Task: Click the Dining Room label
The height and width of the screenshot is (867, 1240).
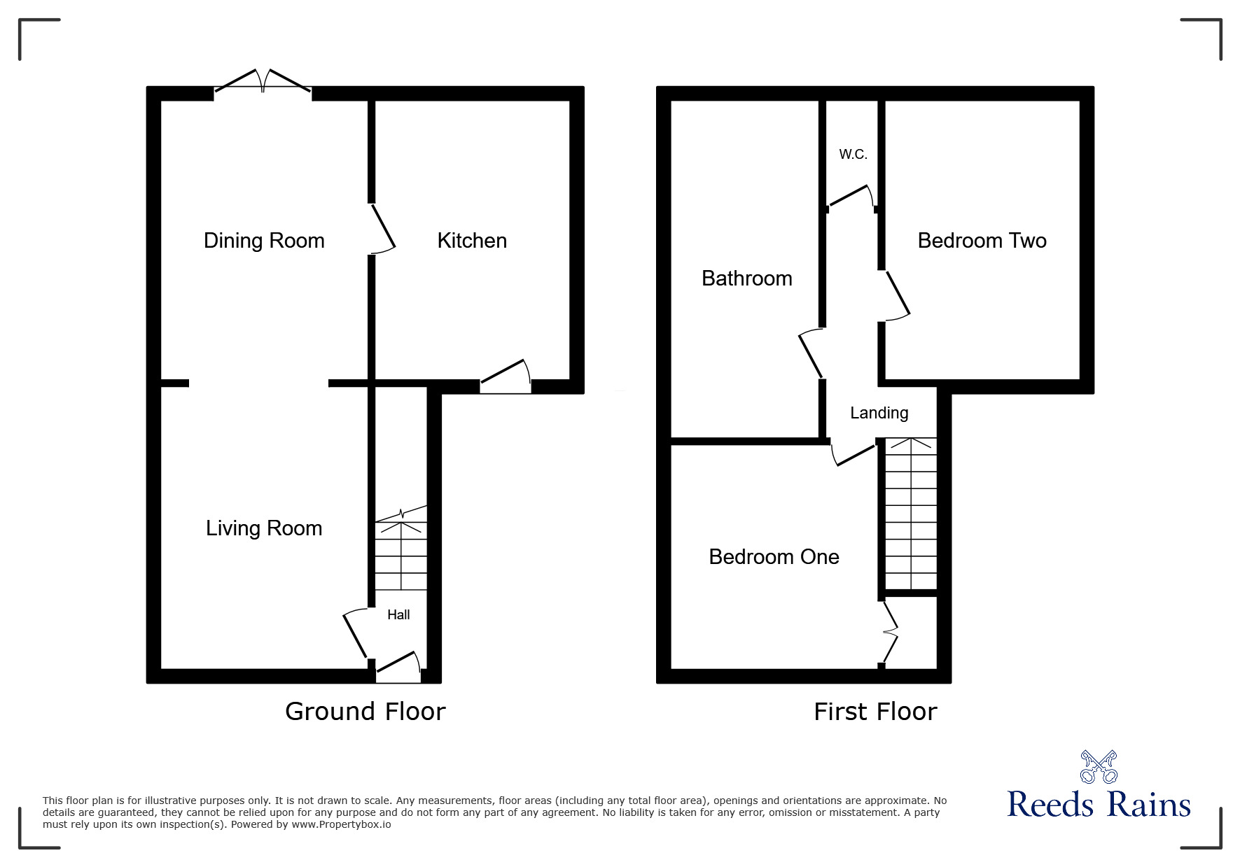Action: (x=264, y=241)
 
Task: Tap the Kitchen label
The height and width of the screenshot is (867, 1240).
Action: (x=472, y=241)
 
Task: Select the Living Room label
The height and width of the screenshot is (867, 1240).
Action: (x=264, y=528)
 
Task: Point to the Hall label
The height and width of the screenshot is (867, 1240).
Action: (x=398, y=615)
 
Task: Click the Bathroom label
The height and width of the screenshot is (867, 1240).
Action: (x=746, y=279)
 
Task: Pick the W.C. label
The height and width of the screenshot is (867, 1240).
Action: (x=853, y=155)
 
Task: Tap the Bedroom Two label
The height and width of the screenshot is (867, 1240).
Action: (x=982, y=241)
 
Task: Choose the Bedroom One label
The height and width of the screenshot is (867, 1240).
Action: (x=774, y=557)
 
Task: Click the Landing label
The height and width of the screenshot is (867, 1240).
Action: (x=879, y=413)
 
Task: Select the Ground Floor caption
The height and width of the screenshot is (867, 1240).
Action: (x=365, y=712)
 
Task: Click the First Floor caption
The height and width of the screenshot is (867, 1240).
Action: (x=875, y=712)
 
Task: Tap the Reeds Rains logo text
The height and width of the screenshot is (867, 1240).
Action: (x=1099, y=805)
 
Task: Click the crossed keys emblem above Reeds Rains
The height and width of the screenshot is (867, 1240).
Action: (x=1099, y=767)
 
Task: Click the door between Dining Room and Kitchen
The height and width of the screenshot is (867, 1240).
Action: (x=382, y=228)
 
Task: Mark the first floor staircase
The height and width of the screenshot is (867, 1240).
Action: (x=910, y=514)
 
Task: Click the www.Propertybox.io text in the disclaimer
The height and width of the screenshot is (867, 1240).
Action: (x=341, y=824)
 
